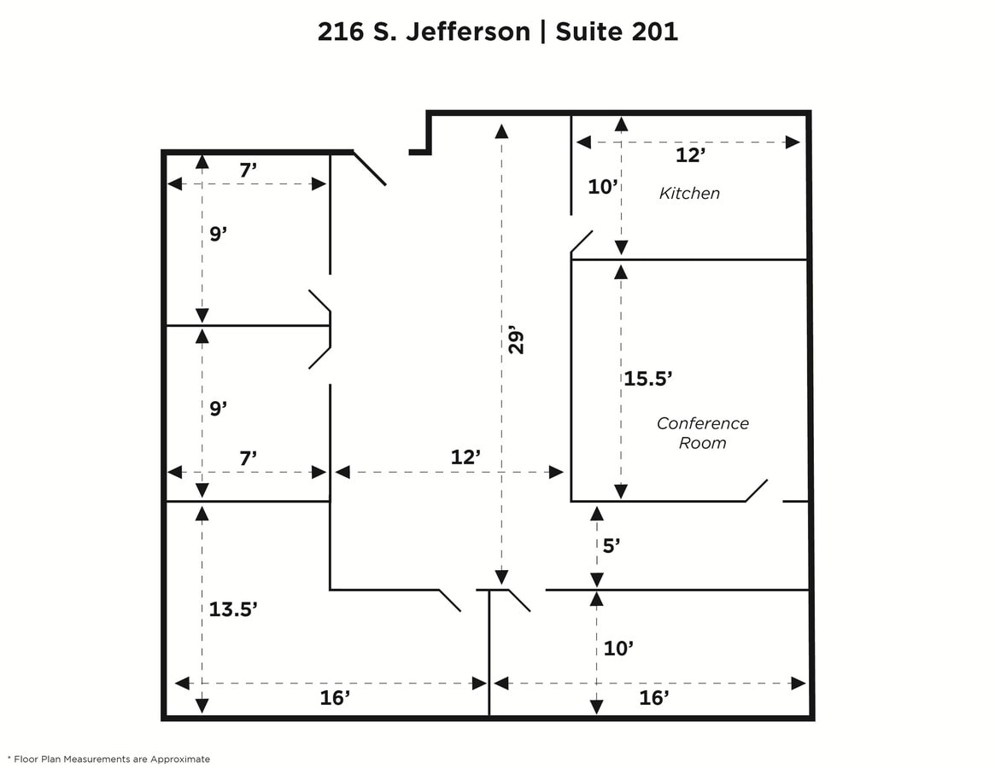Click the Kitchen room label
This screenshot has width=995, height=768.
coord(689,194)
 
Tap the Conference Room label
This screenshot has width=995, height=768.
coord(702,433)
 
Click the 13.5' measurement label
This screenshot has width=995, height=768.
coord(233,608)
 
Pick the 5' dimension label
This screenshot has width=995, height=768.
coord(611,546)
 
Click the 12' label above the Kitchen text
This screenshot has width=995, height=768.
coord(690,155)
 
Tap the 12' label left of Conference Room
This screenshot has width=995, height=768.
coord(465,457)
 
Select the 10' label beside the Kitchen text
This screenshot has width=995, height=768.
coord(602,187)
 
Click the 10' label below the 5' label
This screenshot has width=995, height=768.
coord(617,649)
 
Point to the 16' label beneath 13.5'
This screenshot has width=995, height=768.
coord(336,698)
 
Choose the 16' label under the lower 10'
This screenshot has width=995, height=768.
coord(653,698)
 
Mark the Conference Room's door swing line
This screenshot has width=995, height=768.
coord(757,490)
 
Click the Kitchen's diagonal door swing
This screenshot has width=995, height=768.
coord(582,241)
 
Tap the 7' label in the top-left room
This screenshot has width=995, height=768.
coord(248,170)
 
